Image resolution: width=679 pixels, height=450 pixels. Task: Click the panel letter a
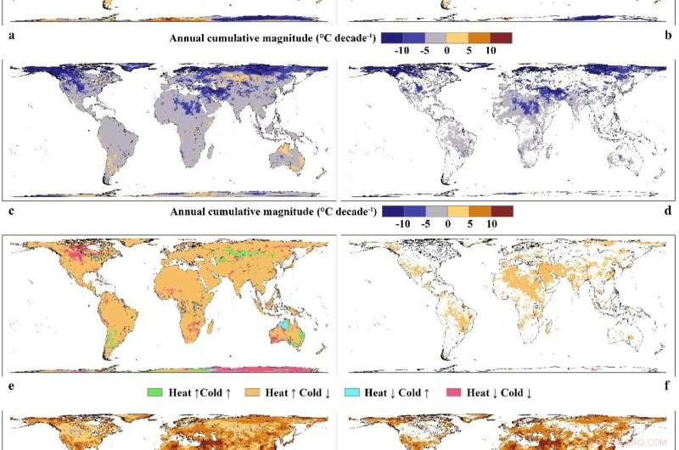click(11, 37)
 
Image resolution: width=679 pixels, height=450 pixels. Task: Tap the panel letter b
click(668, 37)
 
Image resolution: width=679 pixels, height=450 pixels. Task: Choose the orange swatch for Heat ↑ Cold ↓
click(250, 391)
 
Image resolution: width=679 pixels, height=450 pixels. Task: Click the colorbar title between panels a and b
click(272, 38)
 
